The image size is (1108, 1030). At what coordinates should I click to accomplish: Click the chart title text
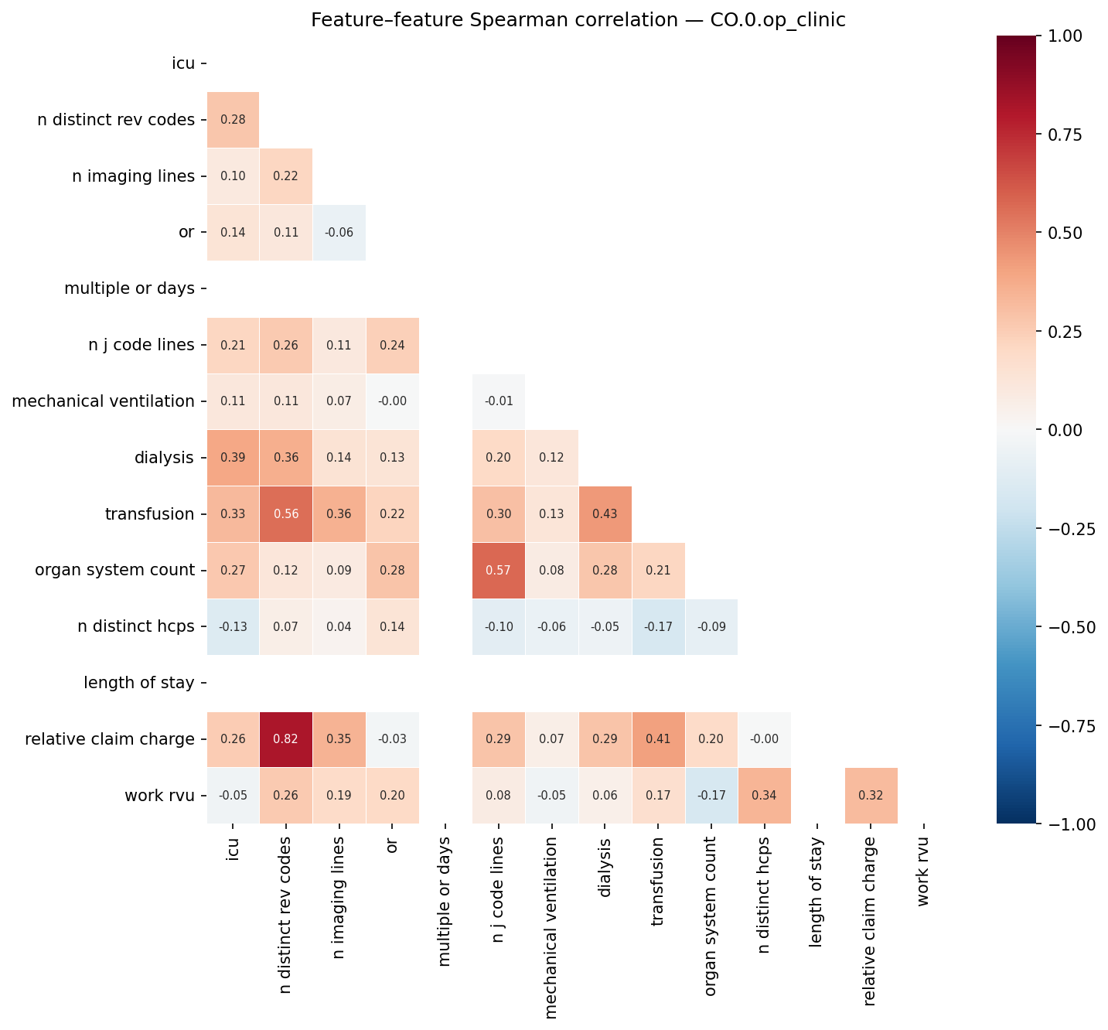click(578, 20)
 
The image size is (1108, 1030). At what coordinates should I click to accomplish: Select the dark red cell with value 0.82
click(286, 739)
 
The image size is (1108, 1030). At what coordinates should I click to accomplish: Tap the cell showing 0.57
click(499, 571)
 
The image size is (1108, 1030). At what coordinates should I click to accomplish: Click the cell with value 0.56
click(286, 514)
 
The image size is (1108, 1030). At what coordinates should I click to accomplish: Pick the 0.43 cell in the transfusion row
click(605, 514)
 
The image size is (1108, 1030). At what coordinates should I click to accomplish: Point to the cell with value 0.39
click(233, 458)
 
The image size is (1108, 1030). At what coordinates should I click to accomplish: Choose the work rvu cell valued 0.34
click(764, 796)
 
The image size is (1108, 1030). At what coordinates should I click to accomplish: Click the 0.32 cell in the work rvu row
click(871, 796)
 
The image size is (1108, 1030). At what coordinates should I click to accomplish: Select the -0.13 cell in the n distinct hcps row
click(233, 627)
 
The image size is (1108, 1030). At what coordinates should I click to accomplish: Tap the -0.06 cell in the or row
click(339, 233)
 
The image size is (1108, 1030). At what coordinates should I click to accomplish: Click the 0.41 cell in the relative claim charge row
click(658, 739)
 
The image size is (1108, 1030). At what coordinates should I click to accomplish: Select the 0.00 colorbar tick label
click(1069, 430)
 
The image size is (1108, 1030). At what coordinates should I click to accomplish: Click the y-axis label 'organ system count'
click(114, 571)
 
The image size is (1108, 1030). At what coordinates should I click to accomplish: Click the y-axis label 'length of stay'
click(138, 684)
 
